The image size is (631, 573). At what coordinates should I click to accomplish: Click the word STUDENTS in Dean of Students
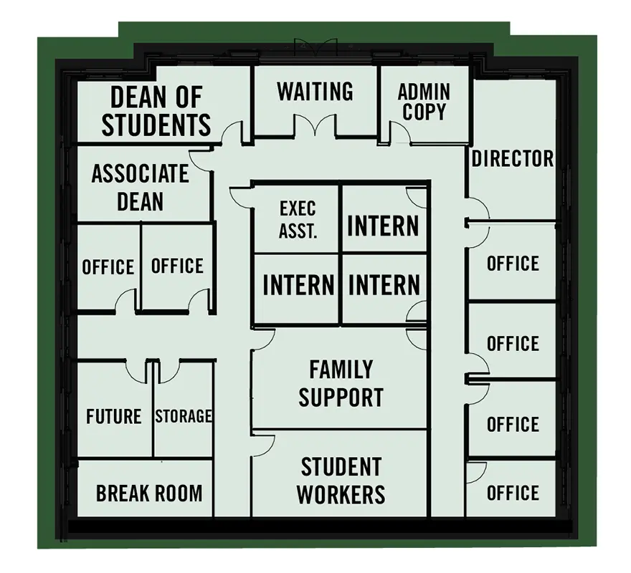[x=156, y=124]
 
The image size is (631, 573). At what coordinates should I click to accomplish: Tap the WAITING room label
[x=315, y=92]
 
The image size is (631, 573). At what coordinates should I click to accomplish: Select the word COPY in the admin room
[x=424, y=112]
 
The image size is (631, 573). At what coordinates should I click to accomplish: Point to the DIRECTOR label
[x=513, y=158]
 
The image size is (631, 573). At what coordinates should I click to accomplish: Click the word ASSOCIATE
[x=140, y=173]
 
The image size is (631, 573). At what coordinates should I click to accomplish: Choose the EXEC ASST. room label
[x=298, y=220]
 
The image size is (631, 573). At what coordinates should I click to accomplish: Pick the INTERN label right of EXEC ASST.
[x=383, y=226]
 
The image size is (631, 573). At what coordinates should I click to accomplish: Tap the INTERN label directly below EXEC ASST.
[x=298, y=285]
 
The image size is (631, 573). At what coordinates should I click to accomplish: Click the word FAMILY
[x=341, y=370]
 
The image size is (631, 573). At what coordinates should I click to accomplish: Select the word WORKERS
[x=341, y=494]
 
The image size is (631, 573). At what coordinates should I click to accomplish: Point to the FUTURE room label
[x=113, y=416]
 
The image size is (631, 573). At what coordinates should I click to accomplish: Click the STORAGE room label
[x=184, y=416]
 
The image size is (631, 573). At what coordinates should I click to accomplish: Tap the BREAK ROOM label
[x=149, y=493]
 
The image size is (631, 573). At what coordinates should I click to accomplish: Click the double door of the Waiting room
[x=315, y=127]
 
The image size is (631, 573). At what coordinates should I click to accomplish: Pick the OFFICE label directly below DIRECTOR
[x=513, y=264]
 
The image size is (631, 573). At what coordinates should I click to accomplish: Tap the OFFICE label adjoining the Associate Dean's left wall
[x=108, y=267]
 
